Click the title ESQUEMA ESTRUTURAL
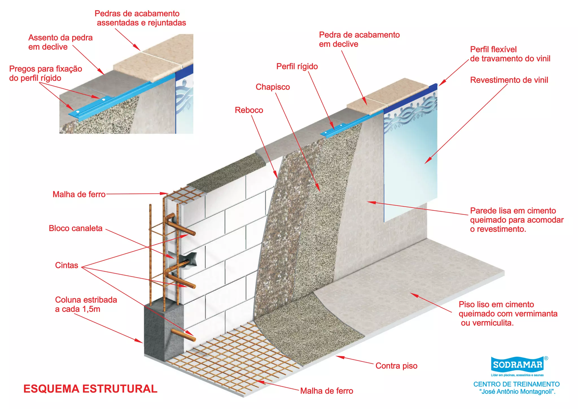90,389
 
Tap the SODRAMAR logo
518,365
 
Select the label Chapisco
273,87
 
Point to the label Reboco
249,110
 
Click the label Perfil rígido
297,66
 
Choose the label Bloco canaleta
76,228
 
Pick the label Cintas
67,265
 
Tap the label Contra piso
396,366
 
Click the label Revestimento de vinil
509,80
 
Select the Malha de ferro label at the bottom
327,391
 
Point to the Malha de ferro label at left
79,194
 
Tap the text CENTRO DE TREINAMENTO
516,384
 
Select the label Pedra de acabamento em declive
359,40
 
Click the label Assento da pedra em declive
60,42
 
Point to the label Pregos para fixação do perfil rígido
45,73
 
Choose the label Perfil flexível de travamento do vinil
510,54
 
